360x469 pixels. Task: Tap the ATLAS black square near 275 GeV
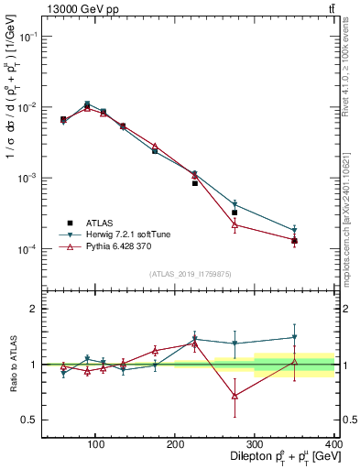pos(235,213)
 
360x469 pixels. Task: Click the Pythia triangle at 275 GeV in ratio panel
pos(235,396)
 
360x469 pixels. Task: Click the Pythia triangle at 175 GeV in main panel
pos(155,146)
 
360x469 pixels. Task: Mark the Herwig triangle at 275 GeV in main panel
pos(235,204)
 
